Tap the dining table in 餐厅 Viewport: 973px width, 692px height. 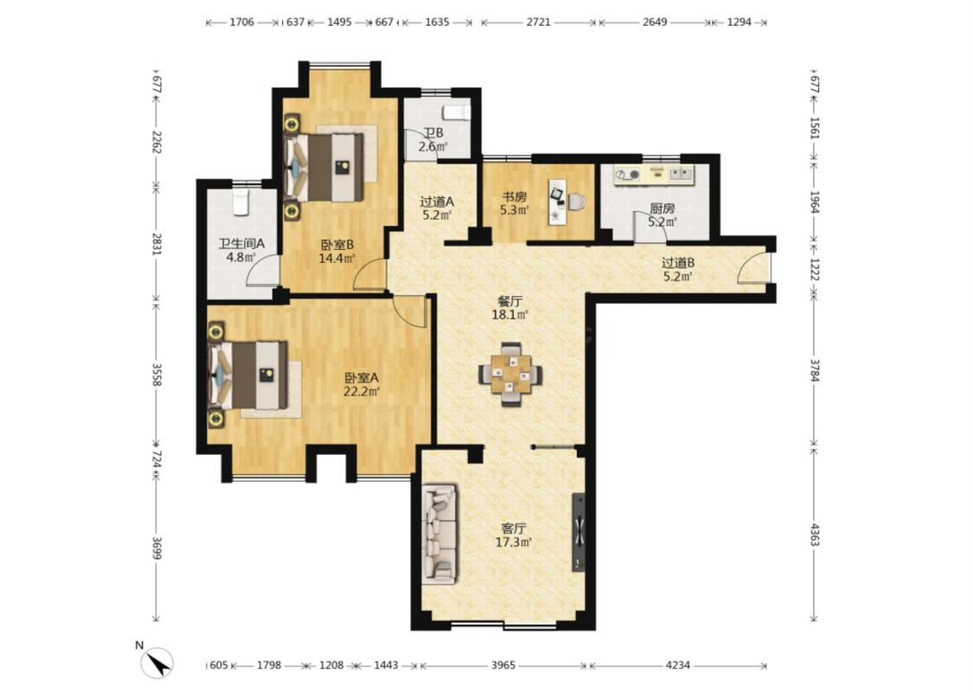pos(510,375)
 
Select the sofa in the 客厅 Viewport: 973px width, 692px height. pos(439,535)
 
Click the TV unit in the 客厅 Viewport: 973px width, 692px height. pos(579,532)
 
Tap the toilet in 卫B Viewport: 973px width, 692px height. pos(456,113)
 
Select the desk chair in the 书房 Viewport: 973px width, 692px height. pos(577,202)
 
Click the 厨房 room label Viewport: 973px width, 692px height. pos(663,208)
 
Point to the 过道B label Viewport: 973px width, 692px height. pos(677,263)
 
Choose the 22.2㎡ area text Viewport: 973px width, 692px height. pos(362,391)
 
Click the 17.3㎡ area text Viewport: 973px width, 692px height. pos(514,542)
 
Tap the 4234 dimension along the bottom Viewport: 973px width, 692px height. pos(677,665)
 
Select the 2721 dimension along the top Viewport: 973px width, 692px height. pos(538,22)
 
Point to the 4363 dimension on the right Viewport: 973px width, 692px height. pos(815,535)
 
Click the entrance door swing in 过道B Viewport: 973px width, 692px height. pos(752,268)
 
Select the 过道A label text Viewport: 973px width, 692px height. pos(437,202)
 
